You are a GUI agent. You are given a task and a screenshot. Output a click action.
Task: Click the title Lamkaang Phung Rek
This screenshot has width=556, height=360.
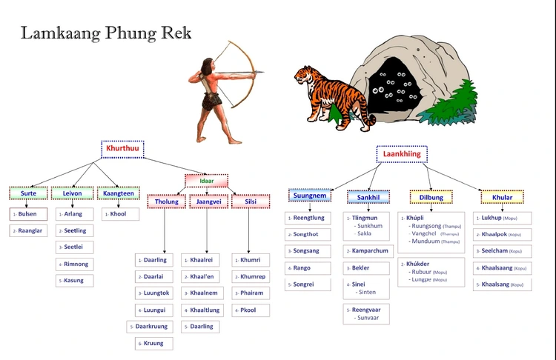[105, 33]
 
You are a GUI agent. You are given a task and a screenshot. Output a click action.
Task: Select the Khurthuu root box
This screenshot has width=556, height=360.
[122, 149]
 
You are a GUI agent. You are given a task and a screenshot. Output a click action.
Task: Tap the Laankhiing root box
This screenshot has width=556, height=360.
[401, 154]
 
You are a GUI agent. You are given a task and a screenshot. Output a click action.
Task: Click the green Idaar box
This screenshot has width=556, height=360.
[206, 181]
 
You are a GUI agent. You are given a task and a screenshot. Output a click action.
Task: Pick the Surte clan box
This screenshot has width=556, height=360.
[28, 193]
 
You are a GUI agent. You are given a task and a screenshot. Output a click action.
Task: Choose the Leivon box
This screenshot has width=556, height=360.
[72, 193]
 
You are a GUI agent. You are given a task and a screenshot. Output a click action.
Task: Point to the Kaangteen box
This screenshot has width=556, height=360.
[119, 193]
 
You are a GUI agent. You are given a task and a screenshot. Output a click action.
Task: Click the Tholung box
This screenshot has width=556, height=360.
[166, 201]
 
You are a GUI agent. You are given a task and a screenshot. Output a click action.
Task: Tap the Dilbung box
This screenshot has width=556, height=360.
[431, 197]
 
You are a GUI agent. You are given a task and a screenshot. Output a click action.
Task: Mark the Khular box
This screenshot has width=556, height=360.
[502, 197]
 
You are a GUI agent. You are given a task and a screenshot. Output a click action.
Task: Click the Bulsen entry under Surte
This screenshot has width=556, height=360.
[28, 214]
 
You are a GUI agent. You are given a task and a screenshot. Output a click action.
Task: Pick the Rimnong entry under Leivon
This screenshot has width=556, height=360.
[74, 264]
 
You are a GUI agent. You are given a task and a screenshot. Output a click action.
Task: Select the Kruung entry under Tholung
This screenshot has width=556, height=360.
[154, 344]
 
